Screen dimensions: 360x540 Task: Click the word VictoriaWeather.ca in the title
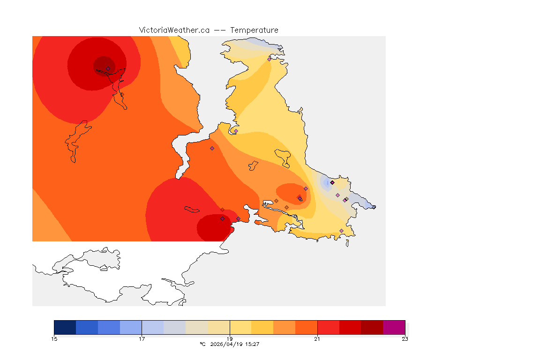coord(174,30)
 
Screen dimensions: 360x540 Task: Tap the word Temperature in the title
coord(254,30)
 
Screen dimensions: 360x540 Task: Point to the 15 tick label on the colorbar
coord(54,339)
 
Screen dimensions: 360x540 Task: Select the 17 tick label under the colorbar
coord(142,339)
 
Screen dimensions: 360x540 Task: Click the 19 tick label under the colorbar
coord(230,339)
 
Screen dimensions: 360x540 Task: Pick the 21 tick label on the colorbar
coord(317,339)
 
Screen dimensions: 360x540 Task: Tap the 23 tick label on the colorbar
coord(405,339)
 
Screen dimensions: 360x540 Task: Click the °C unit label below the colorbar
coord(202,344)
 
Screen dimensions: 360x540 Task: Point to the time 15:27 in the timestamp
coord(253,344)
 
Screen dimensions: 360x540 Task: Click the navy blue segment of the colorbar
coord(65,327)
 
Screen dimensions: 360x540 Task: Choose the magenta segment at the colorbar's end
coord(394,327)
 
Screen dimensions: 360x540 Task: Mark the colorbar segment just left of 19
coord(218,327)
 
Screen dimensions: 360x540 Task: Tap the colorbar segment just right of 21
coord(328,327)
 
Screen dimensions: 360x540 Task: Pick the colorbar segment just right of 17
coord(152,327)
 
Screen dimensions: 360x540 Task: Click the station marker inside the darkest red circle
coord(108,68)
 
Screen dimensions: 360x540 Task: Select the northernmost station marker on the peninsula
coord(269,59)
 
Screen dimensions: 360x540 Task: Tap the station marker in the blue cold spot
coord(332,182)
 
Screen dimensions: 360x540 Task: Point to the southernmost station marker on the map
coord(341,231)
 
